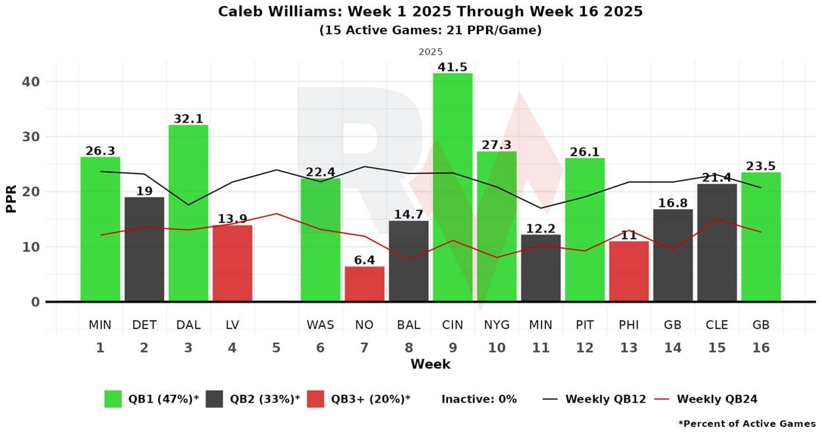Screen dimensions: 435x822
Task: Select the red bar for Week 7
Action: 364,284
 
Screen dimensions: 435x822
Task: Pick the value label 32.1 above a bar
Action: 188,119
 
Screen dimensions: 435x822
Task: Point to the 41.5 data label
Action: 452,67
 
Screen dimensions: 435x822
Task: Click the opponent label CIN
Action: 452,325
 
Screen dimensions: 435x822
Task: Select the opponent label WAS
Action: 320,325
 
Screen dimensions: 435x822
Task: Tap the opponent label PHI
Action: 628,325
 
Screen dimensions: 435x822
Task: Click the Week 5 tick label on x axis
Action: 276,347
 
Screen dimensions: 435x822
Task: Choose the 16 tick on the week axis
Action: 761,347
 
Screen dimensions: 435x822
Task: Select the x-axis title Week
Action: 430,364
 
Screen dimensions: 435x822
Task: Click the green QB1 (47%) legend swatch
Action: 113,399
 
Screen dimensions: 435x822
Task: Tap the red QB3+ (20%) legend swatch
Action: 315,399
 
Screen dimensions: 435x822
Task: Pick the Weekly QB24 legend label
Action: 717,399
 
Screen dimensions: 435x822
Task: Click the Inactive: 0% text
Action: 479,399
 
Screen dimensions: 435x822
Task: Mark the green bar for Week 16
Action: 761,237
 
